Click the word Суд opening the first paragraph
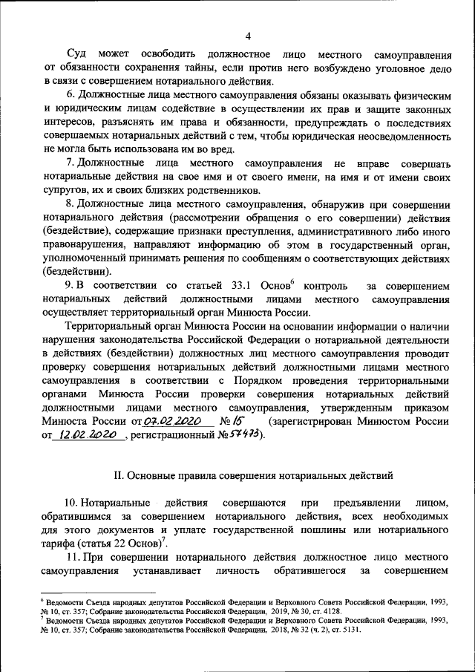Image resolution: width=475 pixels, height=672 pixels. [x=76, y=55]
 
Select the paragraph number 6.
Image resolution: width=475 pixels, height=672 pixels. [x=71, y=96]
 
